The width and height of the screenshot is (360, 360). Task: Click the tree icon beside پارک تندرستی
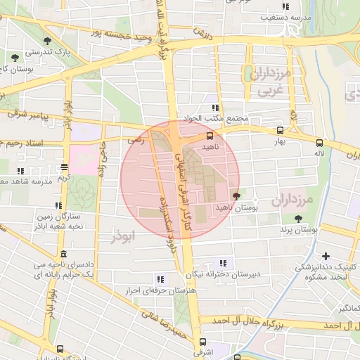(47, 41)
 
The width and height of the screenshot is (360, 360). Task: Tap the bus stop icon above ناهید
(209, 136)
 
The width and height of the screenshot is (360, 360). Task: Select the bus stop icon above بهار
(281, 130)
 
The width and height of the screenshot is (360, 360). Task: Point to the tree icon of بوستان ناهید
(235, 197)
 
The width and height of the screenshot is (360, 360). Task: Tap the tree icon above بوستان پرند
(299, 219)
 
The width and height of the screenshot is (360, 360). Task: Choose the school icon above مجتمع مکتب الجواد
(214, 108)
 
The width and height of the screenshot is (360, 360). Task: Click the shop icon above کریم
(64, 167)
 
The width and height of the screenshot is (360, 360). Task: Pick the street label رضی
(133, 141)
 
